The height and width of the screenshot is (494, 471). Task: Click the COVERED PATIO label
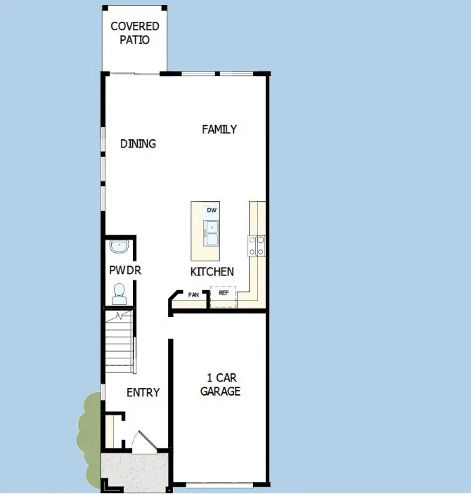(135, 33)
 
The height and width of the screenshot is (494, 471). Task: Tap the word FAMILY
(219, 129)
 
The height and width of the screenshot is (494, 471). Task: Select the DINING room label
(138, 143)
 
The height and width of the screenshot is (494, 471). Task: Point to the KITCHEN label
(212, 272)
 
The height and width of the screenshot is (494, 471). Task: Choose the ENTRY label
(143, 392)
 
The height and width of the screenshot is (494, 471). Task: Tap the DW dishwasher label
(212, 210)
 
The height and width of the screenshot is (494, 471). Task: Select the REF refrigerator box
(224, 293)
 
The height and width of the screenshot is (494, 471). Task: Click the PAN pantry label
(193, 295)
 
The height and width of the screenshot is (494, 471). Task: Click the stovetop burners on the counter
(257, 245)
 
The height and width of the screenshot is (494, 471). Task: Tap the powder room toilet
(119, 291)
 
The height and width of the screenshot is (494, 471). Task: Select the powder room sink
(119, 247)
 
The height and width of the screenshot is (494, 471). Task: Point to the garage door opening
(219, 485)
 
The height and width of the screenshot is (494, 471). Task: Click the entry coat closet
(110, 430)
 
